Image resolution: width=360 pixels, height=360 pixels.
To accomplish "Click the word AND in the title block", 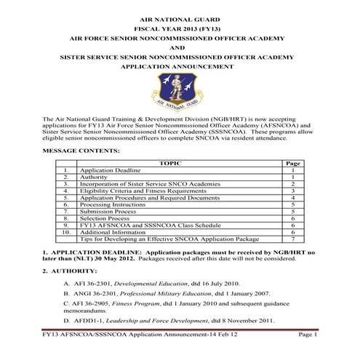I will [180, 45].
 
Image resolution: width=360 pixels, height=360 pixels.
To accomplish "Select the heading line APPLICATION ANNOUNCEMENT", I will [180, 65].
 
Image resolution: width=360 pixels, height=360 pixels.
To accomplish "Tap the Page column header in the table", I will [292, 164].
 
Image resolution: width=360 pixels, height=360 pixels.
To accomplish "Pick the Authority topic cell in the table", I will [94, 177].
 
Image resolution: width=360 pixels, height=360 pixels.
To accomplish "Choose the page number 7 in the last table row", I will [292, 239].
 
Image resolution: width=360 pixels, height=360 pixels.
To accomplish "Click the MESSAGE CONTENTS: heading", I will [81, 151].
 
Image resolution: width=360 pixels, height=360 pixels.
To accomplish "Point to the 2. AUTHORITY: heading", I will [69, 271].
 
